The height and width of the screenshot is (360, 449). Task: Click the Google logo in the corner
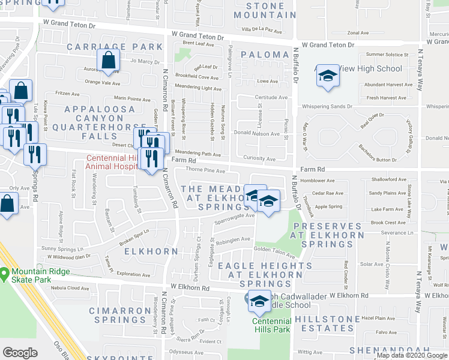20,353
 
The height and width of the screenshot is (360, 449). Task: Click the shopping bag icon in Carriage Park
108,61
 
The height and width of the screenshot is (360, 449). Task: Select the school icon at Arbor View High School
327,76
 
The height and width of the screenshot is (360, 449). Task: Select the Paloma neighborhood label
265,55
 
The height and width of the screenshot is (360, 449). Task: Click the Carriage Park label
115,46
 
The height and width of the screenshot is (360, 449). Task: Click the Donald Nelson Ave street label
256,134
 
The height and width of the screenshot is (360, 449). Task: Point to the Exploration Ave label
133,275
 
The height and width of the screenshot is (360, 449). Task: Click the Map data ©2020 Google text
412,355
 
